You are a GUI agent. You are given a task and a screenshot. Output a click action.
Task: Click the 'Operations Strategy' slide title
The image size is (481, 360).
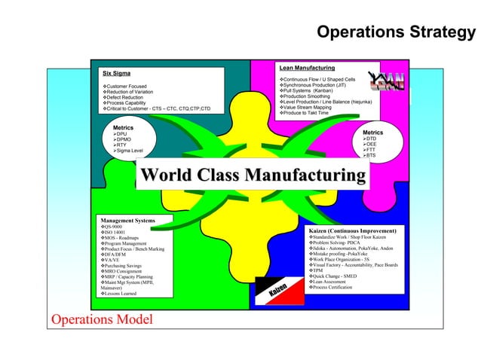[x=397, y=32]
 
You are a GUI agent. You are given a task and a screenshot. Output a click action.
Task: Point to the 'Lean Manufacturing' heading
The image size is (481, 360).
[x=307, y=69]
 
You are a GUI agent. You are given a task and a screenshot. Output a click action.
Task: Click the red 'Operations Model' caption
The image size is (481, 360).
[x=101, y=320]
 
